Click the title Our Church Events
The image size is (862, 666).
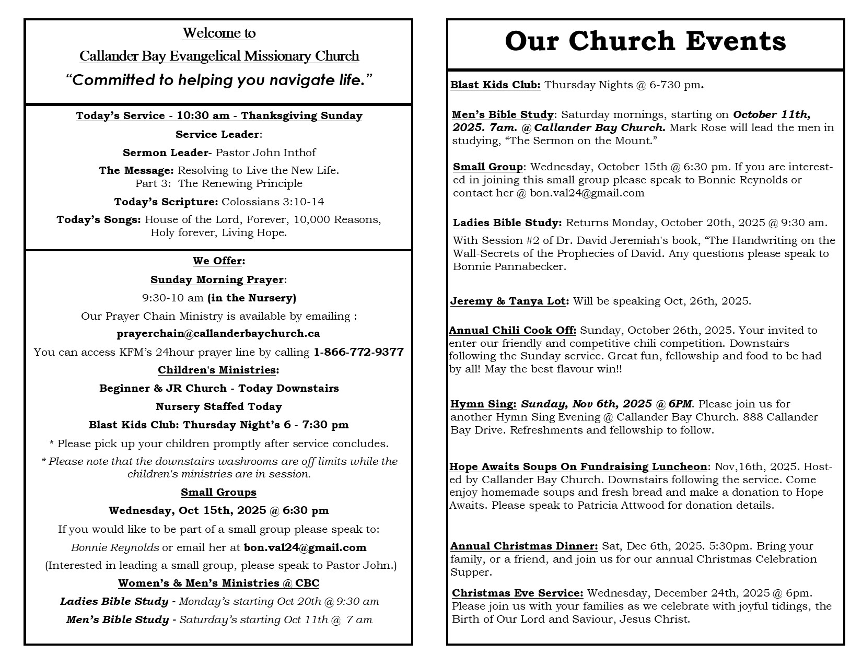click(x=645, y=42)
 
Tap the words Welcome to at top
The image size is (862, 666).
click(x=219, y=33)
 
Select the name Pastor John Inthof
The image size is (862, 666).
click(x=266, y=153)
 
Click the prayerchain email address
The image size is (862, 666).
click(x=218, y=333)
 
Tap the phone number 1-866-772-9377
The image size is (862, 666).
click(x=358, y=352)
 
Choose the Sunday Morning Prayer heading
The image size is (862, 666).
click(x=217, y=279)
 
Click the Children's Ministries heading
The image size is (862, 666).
click(x=217, y=370)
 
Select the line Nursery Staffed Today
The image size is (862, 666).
click(x=218, y=406)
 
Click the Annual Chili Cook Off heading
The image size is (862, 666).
click(x=512, y=330)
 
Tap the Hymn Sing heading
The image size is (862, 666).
click(x=483, y=404)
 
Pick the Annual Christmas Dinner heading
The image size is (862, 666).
click(x=524, y=546)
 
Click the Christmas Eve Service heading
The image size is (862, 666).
click(x=517, y=593)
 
